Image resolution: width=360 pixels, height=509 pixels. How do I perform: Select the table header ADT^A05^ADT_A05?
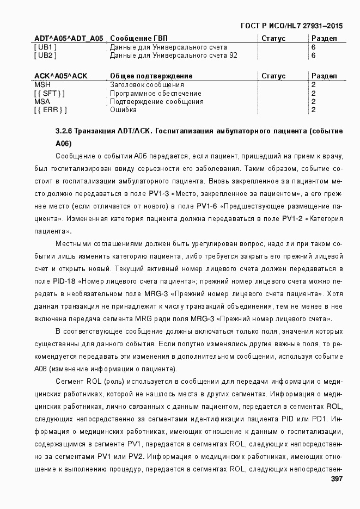tap(68, 38)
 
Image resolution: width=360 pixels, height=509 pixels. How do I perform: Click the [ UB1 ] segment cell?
tap(45, 47)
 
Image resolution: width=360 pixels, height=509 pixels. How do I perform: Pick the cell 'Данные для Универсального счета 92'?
tap(173, 55)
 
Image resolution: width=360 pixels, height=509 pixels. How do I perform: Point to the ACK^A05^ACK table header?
tap(60, 76)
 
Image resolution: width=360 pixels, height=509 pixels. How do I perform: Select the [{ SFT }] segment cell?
tap(49, 93)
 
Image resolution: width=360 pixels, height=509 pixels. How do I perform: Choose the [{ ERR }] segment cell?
tap(50, 110)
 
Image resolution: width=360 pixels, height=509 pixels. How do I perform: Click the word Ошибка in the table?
tap(123, 110)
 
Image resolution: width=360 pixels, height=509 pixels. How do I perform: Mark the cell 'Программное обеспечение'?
tap(155, 93)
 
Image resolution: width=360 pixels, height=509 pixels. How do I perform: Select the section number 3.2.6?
tap(64, 132)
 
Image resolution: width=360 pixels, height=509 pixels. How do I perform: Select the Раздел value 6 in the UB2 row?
tap(313, 55)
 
